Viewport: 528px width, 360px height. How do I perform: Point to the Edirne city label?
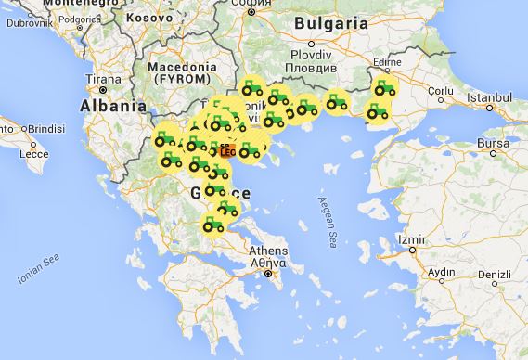tap(383, 63)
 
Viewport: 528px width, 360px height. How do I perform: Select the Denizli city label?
tap(493, 275)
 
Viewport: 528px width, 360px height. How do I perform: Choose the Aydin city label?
tap(441, 272)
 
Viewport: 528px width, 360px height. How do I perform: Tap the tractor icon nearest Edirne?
tap(384, 89)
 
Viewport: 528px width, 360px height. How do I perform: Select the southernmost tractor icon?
tap(213, 224)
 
